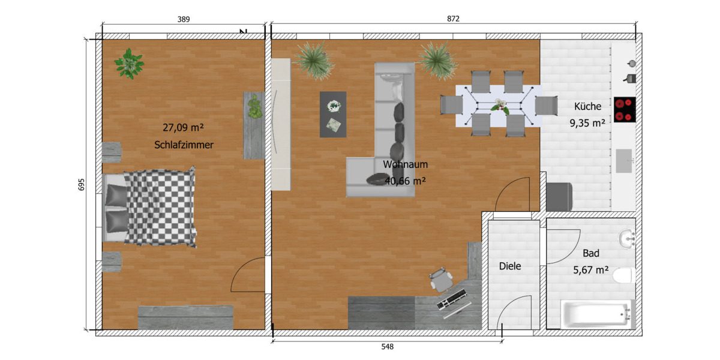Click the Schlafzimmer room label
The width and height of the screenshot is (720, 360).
coord(184,145)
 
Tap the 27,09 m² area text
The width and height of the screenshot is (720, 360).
coord(184,127)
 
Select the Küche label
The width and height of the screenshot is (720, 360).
coord(587,106)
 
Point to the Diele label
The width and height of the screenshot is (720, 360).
coord(510,266)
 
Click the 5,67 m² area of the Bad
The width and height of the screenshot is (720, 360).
coord(591,270)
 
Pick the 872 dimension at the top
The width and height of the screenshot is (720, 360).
coord(453,19)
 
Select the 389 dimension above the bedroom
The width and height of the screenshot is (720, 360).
coord(184,19)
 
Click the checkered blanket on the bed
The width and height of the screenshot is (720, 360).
coord(161,207)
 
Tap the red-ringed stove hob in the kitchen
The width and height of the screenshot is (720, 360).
coord(624,110)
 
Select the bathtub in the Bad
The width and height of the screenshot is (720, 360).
coord(596,314)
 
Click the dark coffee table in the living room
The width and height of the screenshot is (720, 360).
coord(333,114)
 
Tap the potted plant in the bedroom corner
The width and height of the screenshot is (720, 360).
coord(129,63)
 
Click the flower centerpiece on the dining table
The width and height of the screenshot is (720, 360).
coord(499,107)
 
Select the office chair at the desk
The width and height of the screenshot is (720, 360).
coord(441,279)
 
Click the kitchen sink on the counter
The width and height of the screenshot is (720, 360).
coord(624,160)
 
